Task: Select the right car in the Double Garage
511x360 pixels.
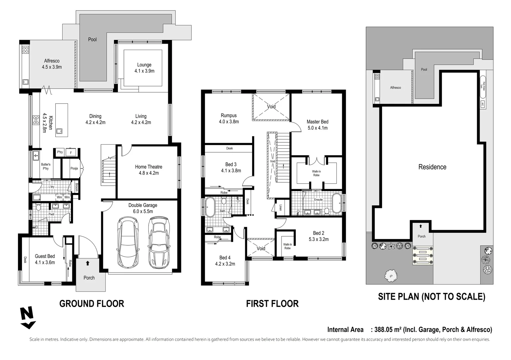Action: coord(159,243)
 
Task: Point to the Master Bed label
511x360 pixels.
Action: coord(317,122)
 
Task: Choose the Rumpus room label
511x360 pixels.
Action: coord(229,116)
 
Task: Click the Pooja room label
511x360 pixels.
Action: coord(74,168)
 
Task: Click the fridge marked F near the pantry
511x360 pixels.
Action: coord(71,153)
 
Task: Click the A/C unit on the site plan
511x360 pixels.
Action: coord(482,104)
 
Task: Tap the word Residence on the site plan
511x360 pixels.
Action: coord(432,167)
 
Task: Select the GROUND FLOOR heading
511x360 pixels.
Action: coord(92,304)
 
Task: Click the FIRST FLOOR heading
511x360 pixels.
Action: coord(272,304)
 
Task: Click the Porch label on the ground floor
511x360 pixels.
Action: coord(89,278)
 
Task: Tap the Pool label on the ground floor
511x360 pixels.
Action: coord(92,39)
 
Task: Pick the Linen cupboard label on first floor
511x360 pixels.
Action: coord(280,207)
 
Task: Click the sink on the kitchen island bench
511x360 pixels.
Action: coord(59,131)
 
